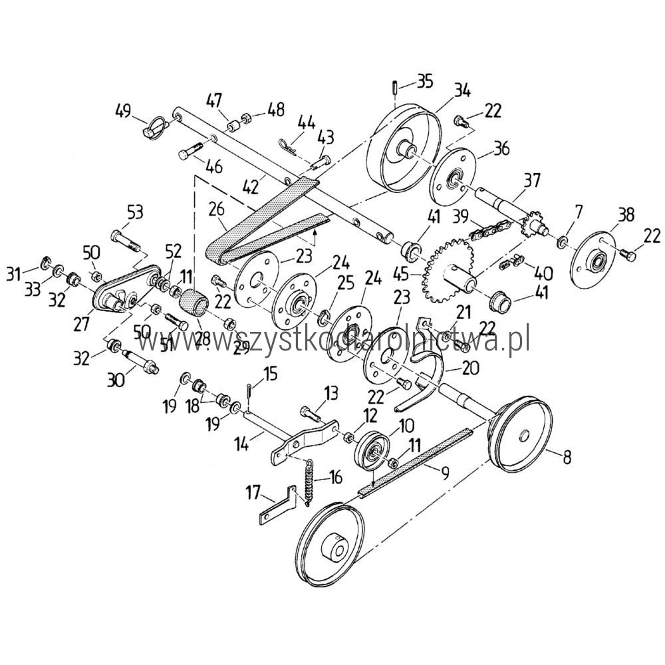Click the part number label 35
click(x=425, y=81)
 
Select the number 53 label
click(x=135, y=213)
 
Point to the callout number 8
click(x=567, y=458)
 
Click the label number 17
click(x=253, y=493)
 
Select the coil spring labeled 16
click(x=311, y=483)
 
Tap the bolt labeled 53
click(x=126, y=240)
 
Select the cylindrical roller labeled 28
click(x=194, y=303)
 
